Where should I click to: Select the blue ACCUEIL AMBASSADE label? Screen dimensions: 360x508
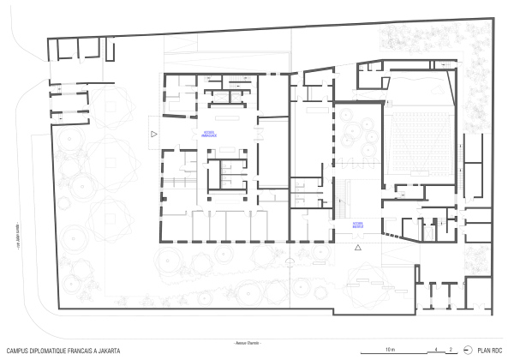(x=210, y=135)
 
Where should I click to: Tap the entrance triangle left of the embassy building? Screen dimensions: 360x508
(x=154, y=135)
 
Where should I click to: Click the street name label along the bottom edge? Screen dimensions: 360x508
(x=247, y=344)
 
